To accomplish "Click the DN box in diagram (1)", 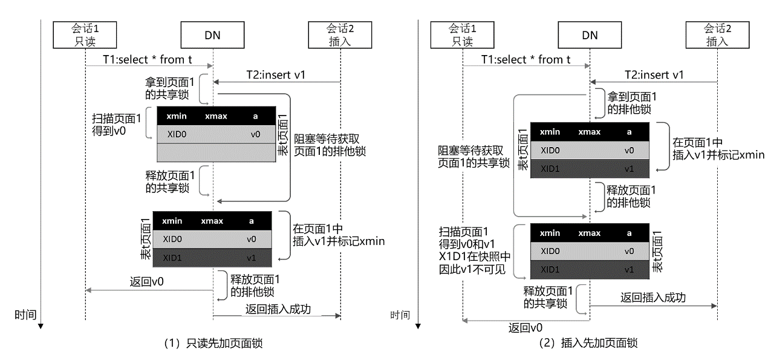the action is click(x=213, y=35).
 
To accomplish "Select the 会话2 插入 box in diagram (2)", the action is click(x=717, y=35).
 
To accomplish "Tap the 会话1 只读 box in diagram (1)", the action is click(x=85, y=35).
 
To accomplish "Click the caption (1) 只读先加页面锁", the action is click(x=213, y=343).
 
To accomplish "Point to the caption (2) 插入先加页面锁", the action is click(x=588, y=343).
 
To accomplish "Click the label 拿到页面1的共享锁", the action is click(x=170, y=88).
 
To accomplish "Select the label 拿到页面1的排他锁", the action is click(x=632, y=103).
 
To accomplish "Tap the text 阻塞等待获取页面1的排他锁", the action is click(x=330, y=145).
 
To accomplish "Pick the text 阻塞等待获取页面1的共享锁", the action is click(x=474, y=157).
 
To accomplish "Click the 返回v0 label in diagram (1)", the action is click(x=146, y=282).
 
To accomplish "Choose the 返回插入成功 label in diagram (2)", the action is click(x=653, y=298).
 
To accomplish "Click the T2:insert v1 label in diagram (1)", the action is click(x=276, y=74).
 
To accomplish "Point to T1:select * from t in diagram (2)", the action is click(x=526, y=59).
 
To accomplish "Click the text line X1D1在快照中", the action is click(x=475, y=257).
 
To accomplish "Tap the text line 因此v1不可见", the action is click(x=472, y=269).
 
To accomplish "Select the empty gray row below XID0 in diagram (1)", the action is click(x=216, y=152).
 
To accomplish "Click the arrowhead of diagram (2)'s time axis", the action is click(x=418, y=326).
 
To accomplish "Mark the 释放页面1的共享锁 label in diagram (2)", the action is click(x=548, y=297).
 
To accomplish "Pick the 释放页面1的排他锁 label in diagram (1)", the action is click(x=255, y=286).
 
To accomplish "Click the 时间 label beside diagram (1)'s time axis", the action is click(x=25, y=315).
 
